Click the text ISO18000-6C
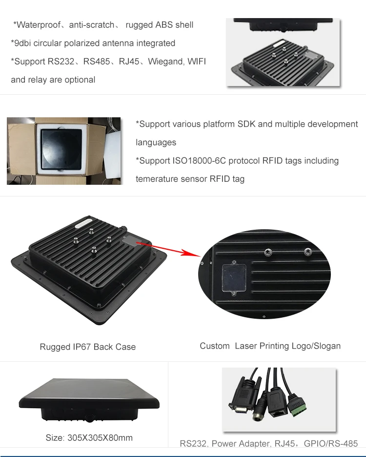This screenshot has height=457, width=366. tap(197, 161)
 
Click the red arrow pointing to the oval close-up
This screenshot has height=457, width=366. tap(169, 248)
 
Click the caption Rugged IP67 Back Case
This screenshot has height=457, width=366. tap(88, 347)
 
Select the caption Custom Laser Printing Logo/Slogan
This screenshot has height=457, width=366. tap(270, 346)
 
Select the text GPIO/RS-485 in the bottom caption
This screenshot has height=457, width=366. tap(331, 444)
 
